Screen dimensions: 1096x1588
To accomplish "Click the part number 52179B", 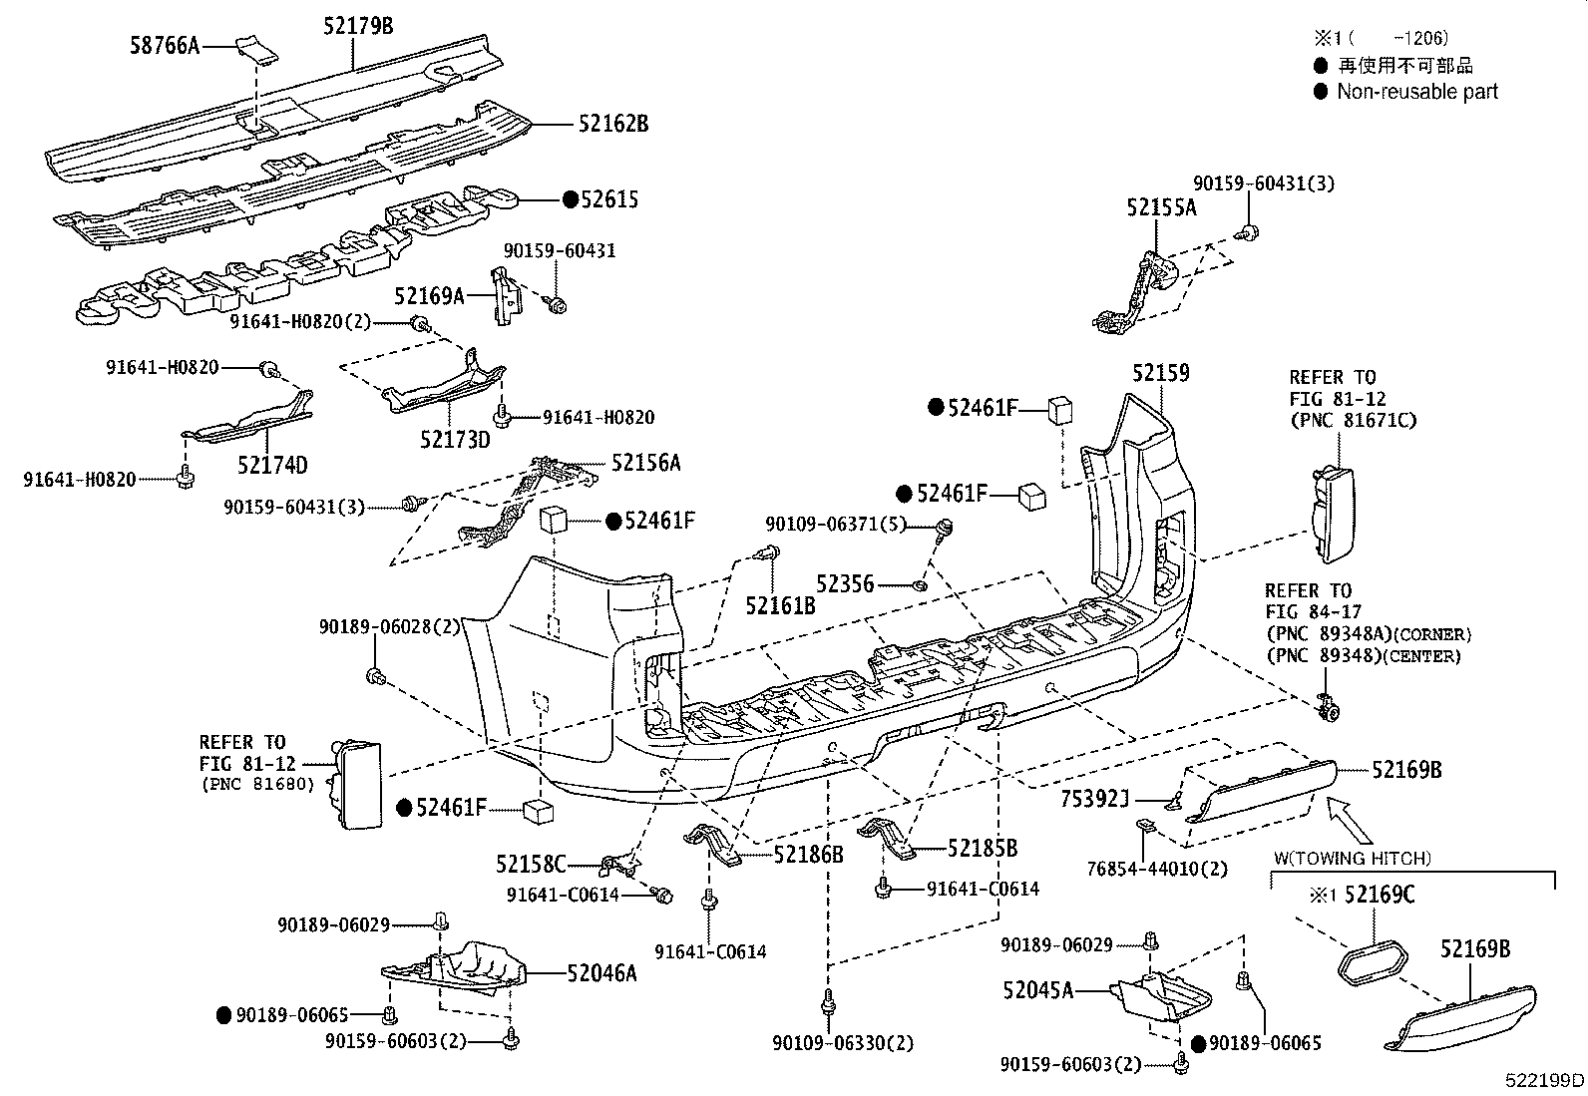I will tap(358, 26).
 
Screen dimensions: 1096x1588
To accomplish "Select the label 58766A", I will tap(165, 45).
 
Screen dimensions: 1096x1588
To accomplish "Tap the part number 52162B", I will tap(612, 124).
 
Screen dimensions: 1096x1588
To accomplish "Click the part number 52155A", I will tap(1161, 207).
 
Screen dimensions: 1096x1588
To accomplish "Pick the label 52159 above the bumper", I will tap(1160, 373).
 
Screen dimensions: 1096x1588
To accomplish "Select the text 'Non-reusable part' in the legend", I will tap(1416, 92).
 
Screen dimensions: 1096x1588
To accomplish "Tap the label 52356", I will tap(845, 583).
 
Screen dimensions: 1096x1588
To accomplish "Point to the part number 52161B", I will tap(781, 603).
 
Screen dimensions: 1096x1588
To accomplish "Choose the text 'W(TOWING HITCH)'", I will tap(1352, 858).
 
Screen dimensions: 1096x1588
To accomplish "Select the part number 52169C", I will tap(1380, 895).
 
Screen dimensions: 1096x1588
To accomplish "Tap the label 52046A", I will tap(601, 972).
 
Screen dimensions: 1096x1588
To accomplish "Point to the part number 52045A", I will tap(1038, 990).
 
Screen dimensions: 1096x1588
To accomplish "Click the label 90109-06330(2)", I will tap(843, 1043).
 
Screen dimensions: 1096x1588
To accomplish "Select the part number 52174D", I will tap(272, 465).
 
